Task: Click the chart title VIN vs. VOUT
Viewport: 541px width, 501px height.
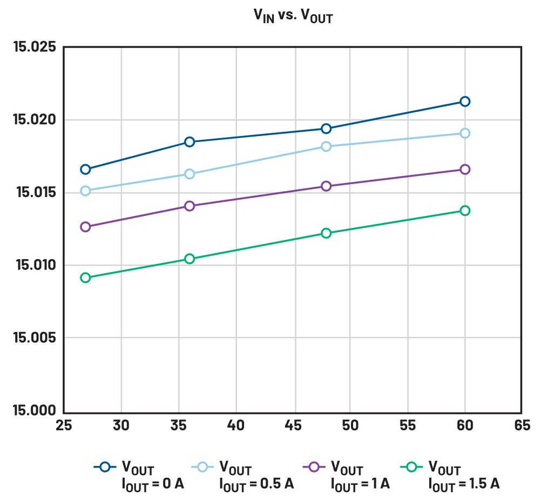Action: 293,16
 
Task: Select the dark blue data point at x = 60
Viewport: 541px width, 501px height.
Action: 464,101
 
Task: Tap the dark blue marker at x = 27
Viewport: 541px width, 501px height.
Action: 85,170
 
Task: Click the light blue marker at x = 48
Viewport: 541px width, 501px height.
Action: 326,146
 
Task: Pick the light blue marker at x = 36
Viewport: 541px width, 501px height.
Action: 190,174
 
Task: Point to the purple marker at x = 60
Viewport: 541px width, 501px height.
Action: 464,170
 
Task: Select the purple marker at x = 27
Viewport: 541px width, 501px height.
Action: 85,227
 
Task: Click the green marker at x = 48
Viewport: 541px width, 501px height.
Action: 326,233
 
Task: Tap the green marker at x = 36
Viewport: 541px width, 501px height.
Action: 190,259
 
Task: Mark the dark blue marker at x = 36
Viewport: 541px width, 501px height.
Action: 190,142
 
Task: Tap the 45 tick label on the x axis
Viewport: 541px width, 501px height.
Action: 294,426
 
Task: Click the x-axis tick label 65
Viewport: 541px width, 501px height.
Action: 521,426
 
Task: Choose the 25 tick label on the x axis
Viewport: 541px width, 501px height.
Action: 64,426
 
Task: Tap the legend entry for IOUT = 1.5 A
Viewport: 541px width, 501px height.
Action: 449,474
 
